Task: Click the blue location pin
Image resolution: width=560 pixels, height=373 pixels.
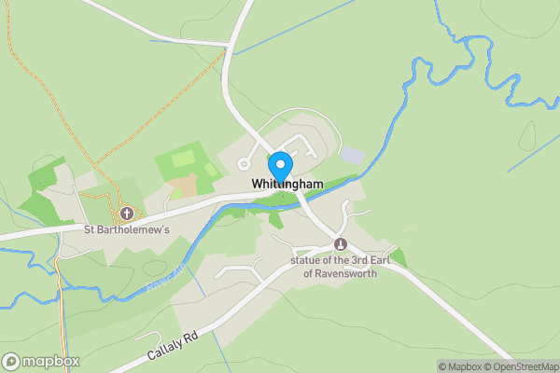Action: (278, 164)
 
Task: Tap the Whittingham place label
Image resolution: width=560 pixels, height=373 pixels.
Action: (287, 185)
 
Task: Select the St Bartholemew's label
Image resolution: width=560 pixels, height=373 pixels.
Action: (127, 229)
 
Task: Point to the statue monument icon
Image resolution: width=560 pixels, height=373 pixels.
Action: (340, 244)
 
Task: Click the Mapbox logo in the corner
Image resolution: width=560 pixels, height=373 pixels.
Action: (41, 361)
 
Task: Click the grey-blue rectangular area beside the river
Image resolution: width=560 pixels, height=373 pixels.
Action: (352, 153)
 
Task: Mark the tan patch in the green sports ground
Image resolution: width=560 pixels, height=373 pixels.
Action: (183, 185)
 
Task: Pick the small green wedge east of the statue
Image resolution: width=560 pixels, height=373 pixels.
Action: (399, 257)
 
